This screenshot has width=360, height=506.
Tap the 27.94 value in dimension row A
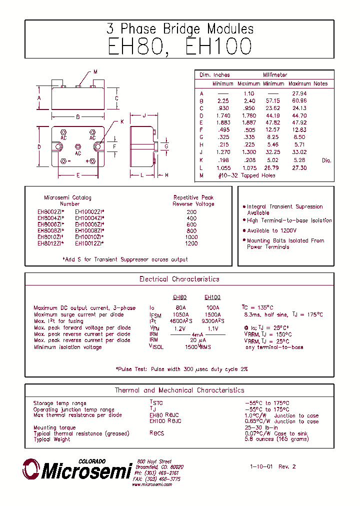299,93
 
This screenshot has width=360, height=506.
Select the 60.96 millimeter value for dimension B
299,100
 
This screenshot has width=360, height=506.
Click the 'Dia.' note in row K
326,160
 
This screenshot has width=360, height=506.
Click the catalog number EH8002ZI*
50,211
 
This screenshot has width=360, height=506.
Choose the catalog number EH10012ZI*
89,243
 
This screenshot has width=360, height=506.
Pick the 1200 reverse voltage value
191,243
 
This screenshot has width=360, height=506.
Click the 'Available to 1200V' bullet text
271,231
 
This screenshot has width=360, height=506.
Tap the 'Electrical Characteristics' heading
179,279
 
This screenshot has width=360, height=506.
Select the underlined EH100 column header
212,297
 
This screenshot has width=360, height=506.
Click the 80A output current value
180,308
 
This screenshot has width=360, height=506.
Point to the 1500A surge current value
213,314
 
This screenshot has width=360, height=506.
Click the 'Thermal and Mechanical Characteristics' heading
179,390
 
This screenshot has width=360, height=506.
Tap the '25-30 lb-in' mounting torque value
260,428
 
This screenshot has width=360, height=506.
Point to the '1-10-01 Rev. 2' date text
273,466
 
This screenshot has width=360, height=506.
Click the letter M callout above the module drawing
95,72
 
